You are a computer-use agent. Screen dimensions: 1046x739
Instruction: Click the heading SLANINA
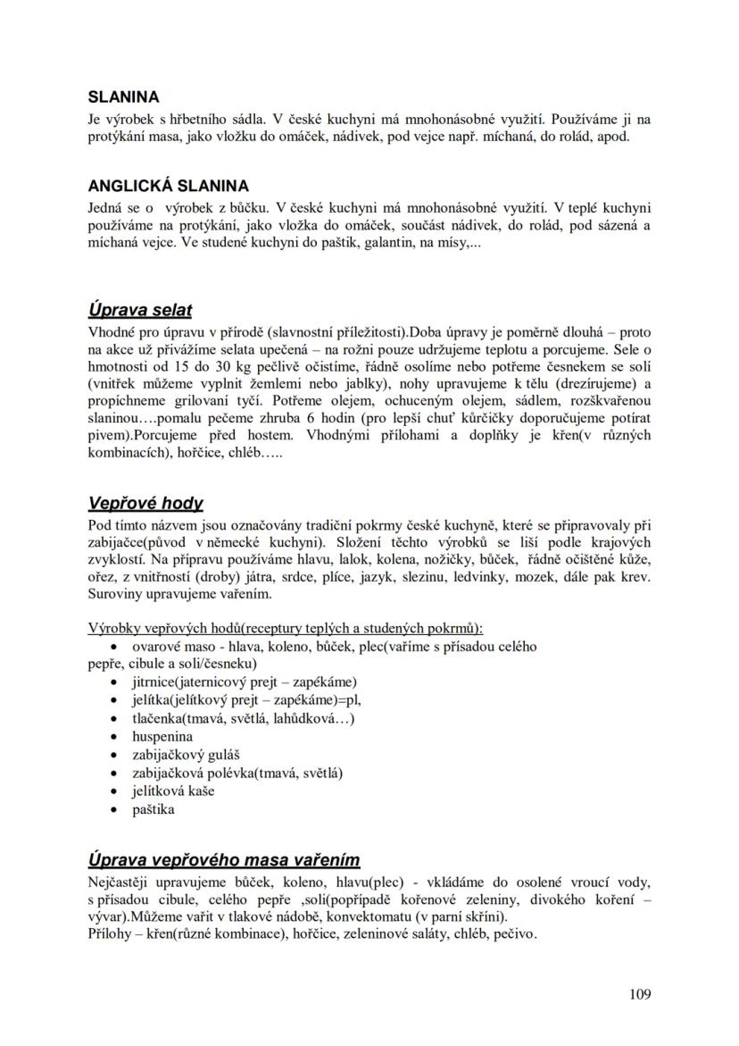tap(123, 97)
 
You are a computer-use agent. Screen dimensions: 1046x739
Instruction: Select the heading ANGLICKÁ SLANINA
tap(168, 187)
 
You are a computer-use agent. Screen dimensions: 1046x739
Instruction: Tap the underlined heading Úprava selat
tap(139, 310)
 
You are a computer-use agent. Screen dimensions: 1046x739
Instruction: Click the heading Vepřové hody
tap(145, 503)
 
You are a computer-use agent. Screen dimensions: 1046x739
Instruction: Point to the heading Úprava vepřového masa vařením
tap(223, 860)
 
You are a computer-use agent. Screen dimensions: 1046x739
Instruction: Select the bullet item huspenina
tap(162, 737)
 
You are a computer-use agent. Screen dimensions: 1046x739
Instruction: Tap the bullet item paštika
tap(154, 809)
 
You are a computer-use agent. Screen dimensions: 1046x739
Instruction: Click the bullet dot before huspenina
tap(113, 738)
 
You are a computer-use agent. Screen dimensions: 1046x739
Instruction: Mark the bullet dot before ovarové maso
tap(113, 646)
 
